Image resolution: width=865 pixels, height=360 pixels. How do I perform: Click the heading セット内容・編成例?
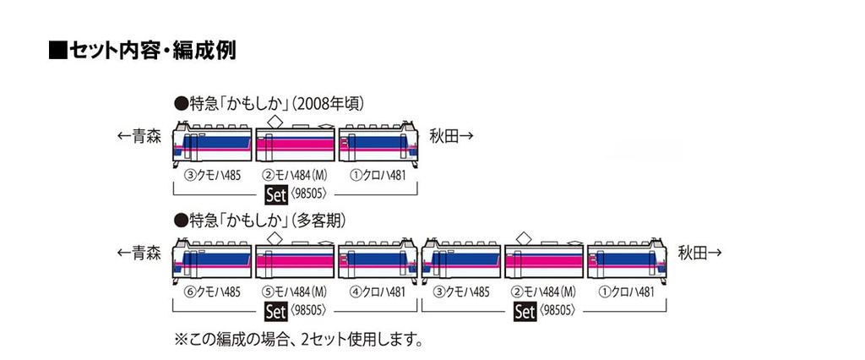click(142, 50)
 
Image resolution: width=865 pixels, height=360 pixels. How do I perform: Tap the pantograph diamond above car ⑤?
click(273, 237)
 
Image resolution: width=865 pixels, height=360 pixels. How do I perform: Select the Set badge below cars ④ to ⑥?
click(275, 311)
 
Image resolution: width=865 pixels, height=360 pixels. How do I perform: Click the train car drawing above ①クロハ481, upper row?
click(378, 143)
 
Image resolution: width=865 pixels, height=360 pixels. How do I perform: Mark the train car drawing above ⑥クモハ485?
click(211, 259)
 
